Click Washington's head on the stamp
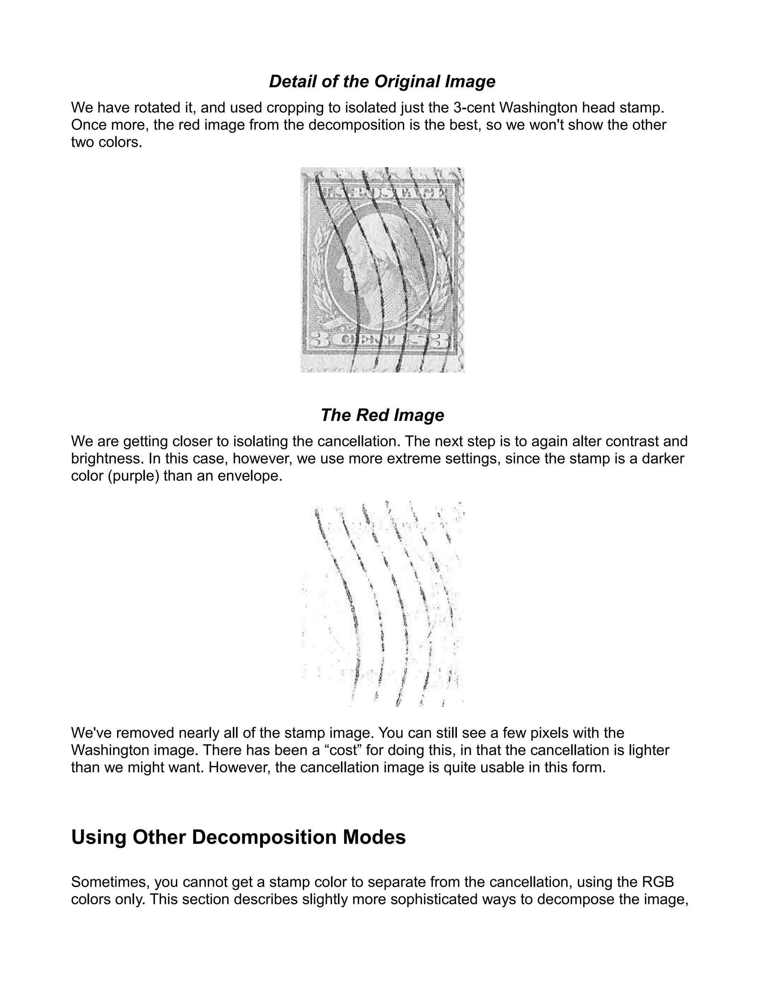(x=372, y=267)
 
